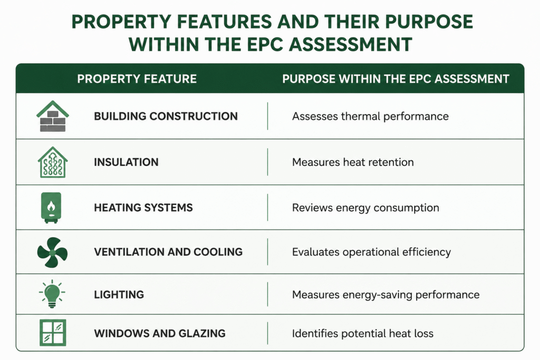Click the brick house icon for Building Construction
coord(53,116)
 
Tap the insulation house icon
coord(53,162)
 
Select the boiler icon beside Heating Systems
coord(51,208)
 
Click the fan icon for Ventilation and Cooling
coord(52,252)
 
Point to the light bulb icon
coord(52,294)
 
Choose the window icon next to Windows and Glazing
coord(53,333)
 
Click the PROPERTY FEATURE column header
coord(137,79)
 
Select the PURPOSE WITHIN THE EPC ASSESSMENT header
coord(396,79)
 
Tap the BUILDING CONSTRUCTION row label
coord(166,116)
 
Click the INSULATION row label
coord(126,162)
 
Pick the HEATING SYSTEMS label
coord(143,208)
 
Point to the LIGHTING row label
coord(119,295)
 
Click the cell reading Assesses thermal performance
coord(370,116)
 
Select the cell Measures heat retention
coord(353,162)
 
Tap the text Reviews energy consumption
coord(365,208)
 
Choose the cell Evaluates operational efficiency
coord(371,252)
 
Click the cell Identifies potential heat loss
coord(363,334)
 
